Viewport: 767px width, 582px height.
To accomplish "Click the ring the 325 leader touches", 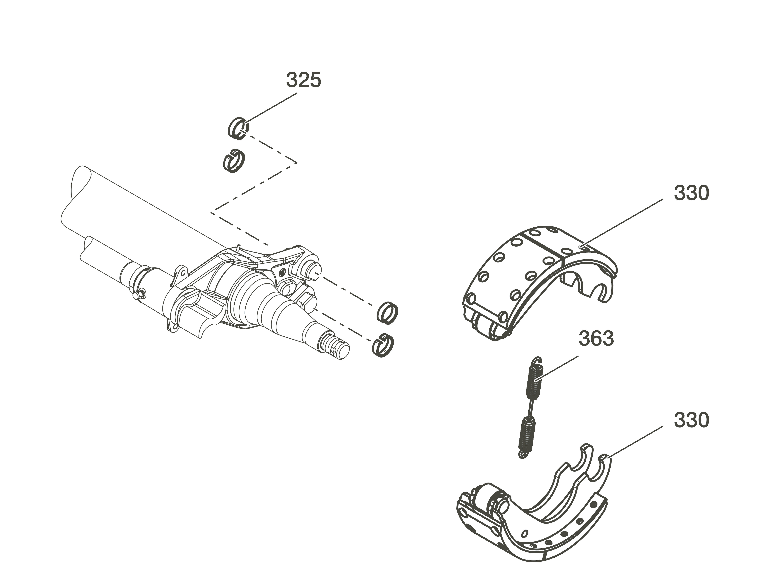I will pos(239,128).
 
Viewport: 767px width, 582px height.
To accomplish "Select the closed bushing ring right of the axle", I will pos(387,313).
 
